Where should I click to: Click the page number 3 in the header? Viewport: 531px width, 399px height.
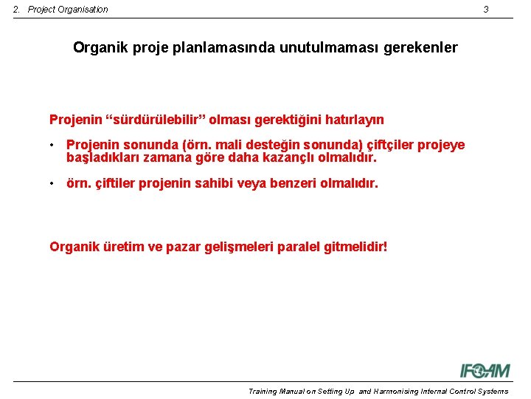click(x=486, y=10)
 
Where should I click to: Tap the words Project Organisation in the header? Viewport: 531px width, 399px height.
click(x=68, y=10)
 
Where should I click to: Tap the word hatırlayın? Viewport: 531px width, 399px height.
click(x=352, y=120)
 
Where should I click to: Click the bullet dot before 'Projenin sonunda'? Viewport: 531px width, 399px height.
click(x=53, y=146)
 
